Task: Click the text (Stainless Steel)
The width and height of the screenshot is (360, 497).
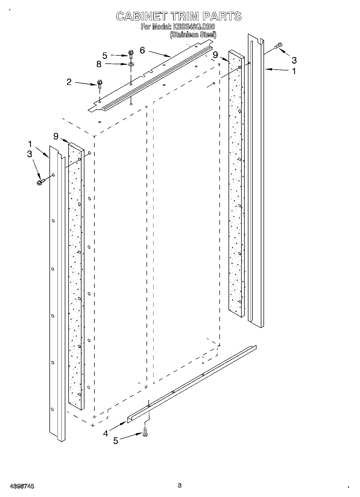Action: point(193,35)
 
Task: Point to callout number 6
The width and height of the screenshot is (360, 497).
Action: point(142,50)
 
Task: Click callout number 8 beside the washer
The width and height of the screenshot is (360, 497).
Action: point(99,64)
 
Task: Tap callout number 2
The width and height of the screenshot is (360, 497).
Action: point(69,82)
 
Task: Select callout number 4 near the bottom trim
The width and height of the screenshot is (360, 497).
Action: point(105,433)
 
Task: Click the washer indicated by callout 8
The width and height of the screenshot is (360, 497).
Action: point(131,65)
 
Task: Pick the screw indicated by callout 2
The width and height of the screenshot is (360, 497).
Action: point(100,84)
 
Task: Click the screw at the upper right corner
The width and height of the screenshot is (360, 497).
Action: point(278,46)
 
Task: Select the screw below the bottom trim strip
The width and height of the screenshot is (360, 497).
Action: point(145,432)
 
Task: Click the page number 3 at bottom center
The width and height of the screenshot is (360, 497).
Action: point(180,485)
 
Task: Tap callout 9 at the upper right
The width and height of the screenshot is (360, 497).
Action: point(215,55)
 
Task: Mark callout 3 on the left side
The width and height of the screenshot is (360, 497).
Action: point(30,154)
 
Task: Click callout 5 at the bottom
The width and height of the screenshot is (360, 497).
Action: point(116,441)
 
